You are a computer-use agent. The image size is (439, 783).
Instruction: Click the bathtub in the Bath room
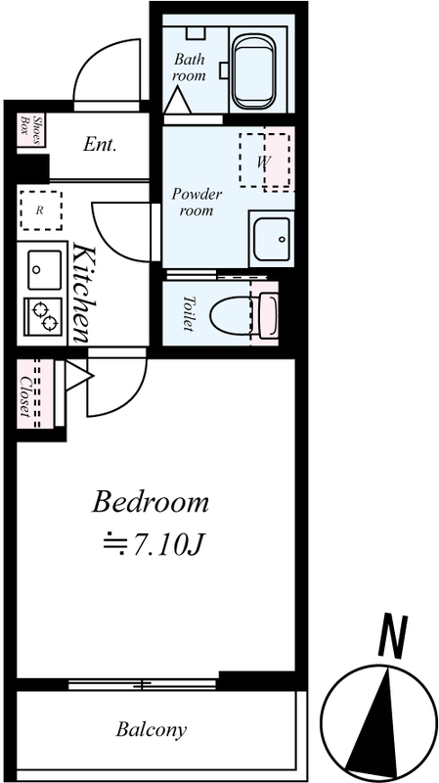[254, 73]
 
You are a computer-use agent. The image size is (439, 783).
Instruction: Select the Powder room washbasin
[271, 239]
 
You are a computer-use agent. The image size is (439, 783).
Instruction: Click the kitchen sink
[44, 270]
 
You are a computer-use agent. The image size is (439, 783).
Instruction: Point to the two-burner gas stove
[43, 317]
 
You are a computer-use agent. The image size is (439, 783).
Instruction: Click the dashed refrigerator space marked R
[41, 210]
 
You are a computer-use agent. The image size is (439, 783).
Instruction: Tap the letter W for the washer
[264, 161]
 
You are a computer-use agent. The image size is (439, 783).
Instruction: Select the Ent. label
[100, 145]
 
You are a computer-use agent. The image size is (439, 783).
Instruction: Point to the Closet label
[24, 396]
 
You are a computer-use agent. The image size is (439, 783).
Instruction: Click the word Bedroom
[151, 502]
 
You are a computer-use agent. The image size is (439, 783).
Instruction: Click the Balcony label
[152, 730]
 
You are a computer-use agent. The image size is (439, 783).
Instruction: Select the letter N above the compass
[393, 637]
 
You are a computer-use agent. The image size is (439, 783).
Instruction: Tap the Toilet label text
[189, 313]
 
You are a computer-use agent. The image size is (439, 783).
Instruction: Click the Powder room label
[197, 203]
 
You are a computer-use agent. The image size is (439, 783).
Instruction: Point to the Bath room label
[189, 68]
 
